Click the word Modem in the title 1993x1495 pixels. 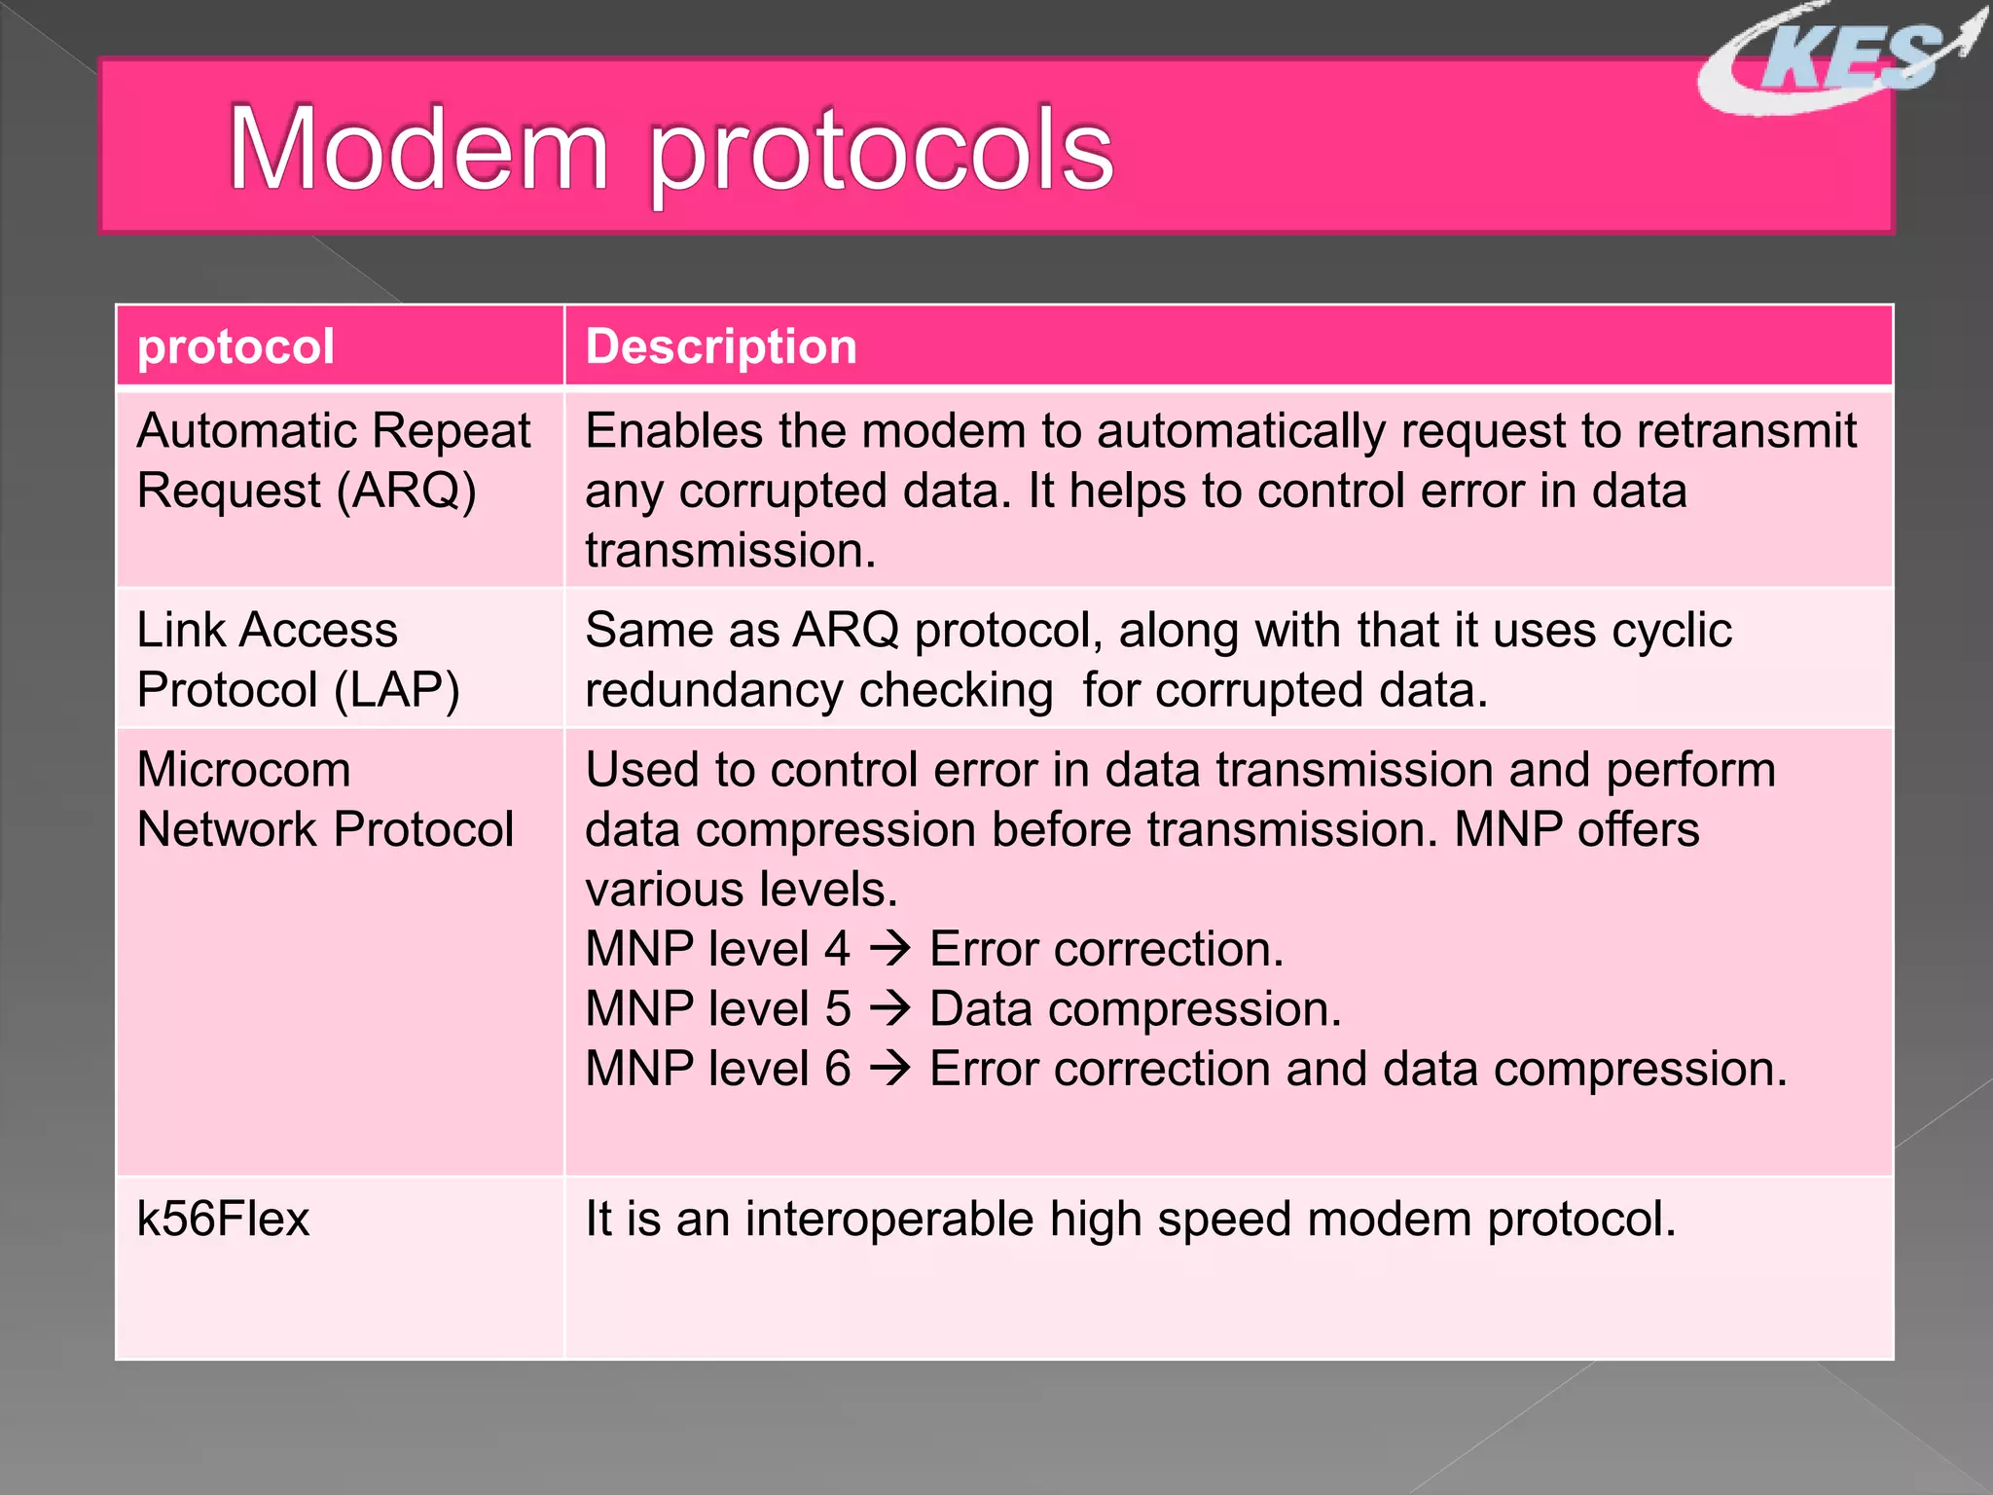(418, 151)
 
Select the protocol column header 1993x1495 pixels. (236, 347)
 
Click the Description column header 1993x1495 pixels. (721, 347)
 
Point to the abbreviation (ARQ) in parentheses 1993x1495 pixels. (406, 491)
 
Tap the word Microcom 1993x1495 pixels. (243, 770)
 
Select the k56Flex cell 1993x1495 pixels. (224, 1220)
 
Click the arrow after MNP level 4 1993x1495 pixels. (889, 949)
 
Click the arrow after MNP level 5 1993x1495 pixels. (889, 1009)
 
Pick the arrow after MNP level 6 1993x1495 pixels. (889, 1069)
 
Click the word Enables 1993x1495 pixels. (673, 431)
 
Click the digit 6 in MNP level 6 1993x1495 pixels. (838, 1069)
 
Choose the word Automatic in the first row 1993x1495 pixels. (247, 431)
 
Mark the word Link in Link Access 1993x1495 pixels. (181, 630)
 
